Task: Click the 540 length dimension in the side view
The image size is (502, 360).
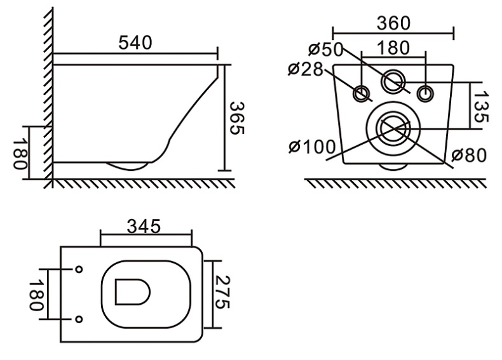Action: [135, 43]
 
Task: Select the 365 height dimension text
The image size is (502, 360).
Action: [236, 118]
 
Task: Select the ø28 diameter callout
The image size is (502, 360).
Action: [306, 69]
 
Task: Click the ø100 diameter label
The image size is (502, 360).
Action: [311, 148]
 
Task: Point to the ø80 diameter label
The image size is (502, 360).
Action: [469, 156]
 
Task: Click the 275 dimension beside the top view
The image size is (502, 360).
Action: [220, 293]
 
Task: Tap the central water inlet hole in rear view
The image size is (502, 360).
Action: [393, 81]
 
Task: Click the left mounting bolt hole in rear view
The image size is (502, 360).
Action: [362, 93]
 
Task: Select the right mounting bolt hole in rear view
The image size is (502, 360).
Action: [424, 93]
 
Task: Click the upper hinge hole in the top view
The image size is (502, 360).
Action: [78, 269]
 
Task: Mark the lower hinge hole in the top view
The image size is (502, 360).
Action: [78, 318]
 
